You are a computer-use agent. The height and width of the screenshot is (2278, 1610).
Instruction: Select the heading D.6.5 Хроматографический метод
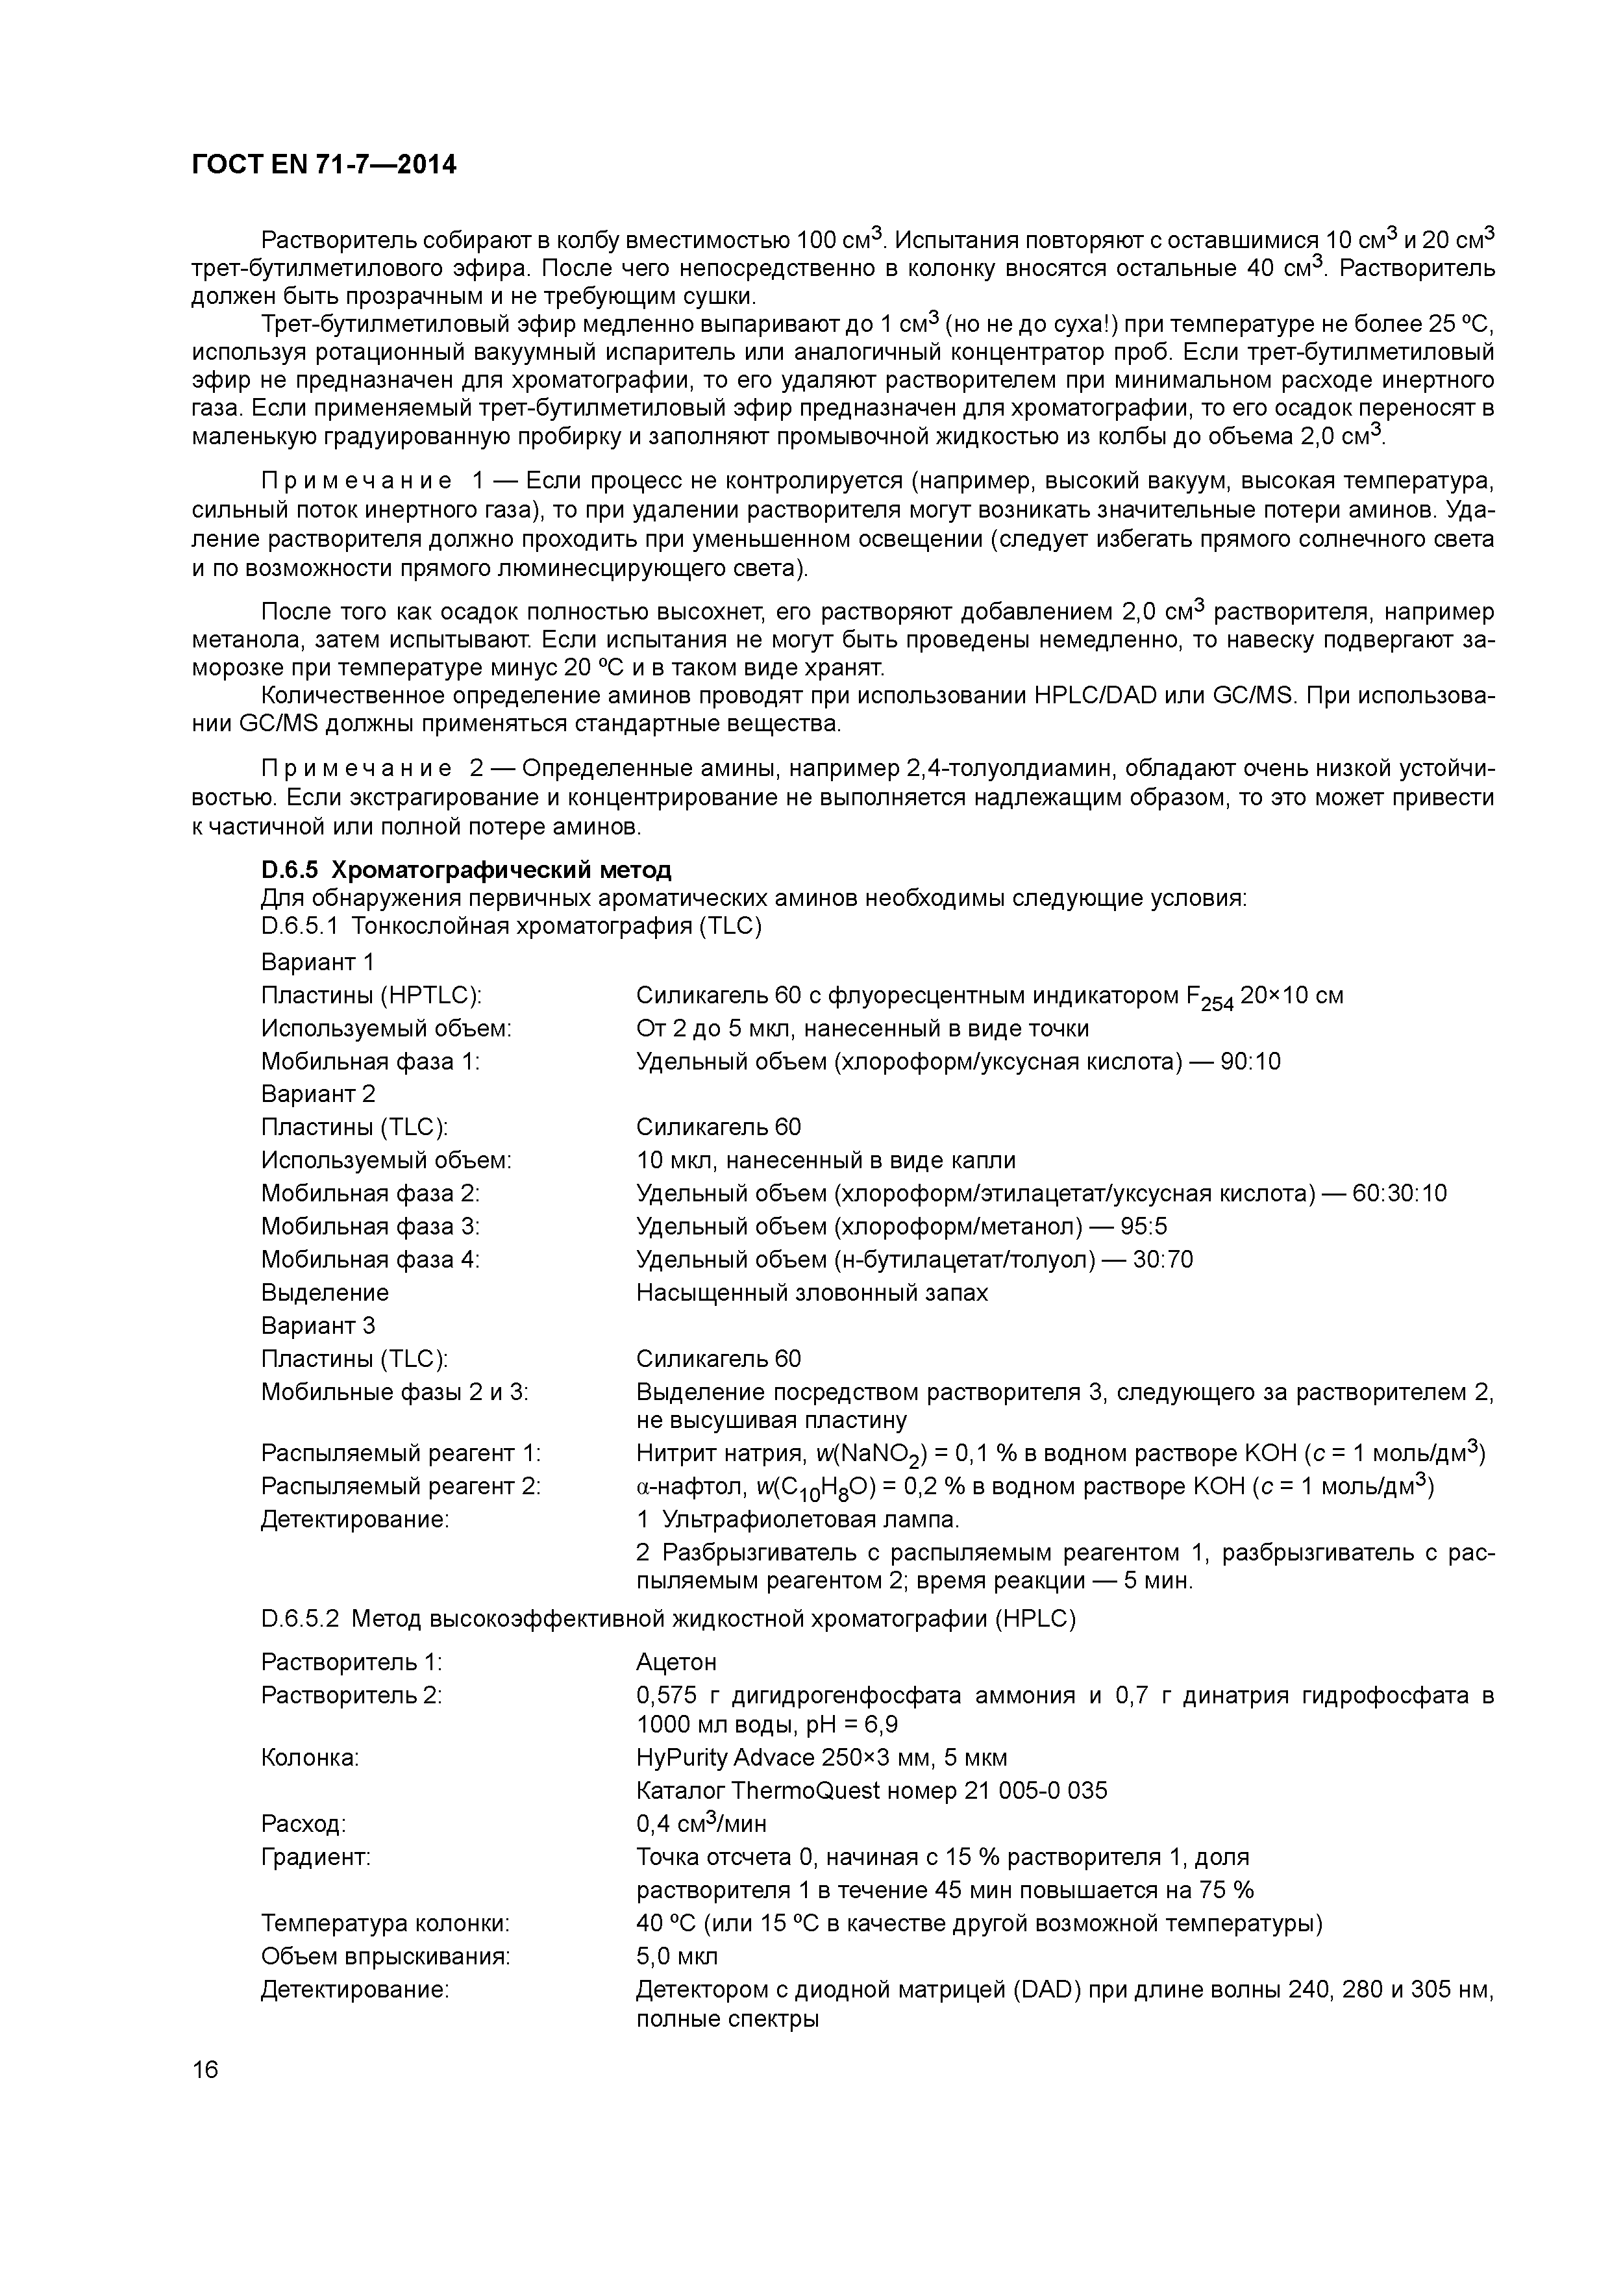point(465,870)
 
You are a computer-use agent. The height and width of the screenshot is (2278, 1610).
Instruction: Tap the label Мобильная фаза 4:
point(370,1260)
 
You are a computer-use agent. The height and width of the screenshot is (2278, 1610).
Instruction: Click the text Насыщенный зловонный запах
point(811,1293)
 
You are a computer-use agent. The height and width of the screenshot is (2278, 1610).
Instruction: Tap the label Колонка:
point(310,1758)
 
